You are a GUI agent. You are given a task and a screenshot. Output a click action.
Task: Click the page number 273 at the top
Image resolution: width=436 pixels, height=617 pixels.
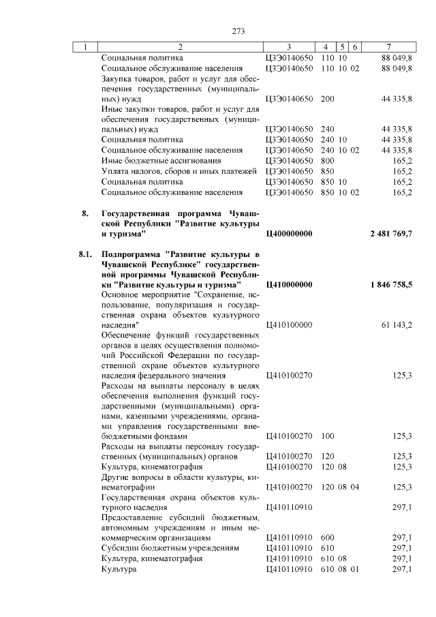238,31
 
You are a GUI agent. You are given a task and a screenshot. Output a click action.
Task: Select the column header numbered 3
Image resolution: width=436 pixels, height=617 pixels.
289,47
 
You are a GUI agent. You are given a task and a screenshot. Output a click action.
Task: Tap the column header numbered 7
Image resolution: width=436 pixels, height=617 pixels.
388,47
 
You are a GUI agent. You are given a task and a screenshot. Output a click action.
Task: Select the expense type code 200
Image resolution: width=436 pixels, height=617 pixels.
327,99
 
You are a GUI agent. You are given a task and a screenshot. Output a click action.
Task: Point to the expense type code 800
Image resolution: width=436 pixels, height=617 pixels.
327,160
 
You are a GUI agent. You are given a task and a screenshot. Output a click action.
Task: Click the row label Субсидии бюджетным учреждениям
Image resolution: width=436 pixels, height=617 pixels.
170,548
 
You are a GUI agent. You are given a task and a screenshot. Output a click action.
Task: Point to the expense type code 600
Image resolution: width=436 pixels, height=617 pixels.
327,538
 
